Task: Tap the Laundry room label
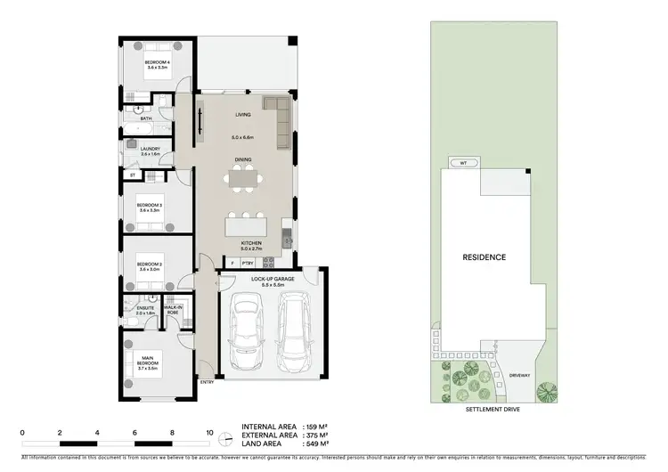point(149,151)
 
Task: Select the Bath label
point(145,118)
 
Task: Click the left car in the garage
point(244,331)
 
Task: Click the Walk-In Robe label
point(172,310)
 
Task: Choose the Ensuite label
point(145,310)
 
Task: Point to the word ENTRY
point(207,383)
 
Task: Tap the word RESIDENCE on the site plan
point(484,257)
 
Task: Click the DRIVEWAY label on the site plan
point(519,375)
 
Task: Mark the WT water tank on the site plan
point(463,164)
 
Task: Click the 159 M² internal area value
point(317,427)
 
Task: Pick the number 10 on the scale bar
point(210,431)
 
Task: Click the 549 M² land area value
point(317,443)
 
